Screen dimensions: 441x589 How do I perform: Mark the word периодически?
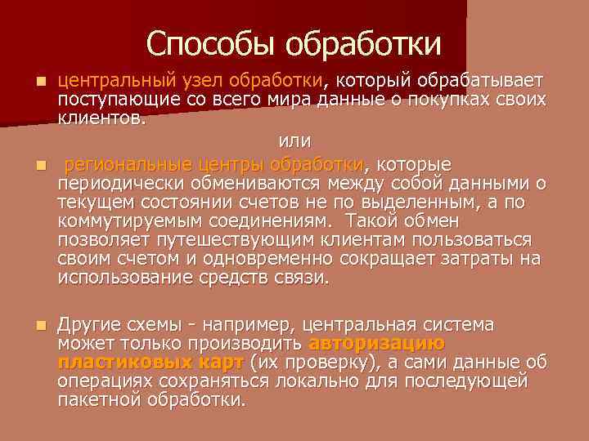tap(116, 181)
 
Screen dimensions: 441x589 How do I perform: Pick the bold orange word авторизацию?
tap(377, 343)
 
